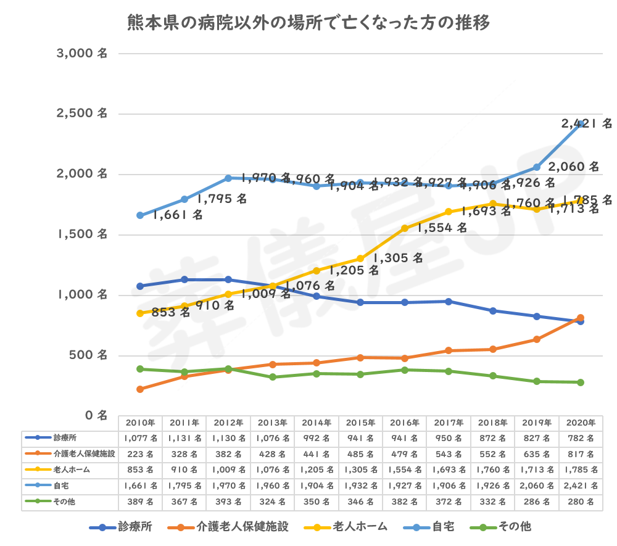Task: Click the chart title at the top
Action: (308, 24)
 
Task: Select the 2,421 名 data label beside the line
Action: (586, 123)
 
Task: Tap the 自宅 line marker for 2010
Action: (140, 215)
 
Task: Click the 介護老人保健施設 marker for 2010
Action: (140, 389)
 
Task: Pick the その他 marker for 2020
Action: (581, 383)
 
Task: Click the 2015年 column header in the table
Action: (360, 423)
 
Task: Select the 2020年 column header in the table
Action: (581, 423)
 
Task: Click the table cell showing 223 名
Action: (141, 454)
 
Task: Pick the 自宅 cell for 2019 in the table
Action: (537, 486)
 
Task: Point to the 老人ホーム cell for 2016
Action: (405, 470)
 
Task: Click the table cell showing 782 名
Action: (581, 438)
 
